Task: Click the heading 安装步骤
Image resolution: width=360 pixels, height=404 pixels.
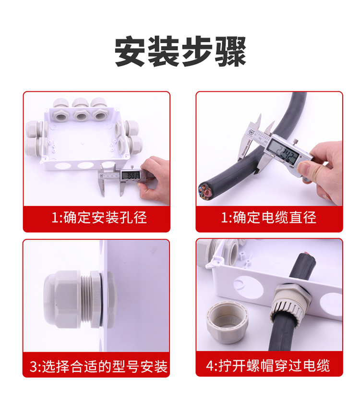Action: [x=180, y=51]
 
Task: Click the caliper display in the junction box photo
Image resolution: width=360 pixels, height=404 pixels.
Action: [x=130, y=175]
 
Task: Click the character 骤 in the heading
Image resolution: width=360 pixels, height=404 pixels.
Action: [x=229, y=51]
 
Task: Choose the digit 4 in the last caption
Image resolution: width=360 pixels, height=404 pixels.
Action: [x=210, y=367]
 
